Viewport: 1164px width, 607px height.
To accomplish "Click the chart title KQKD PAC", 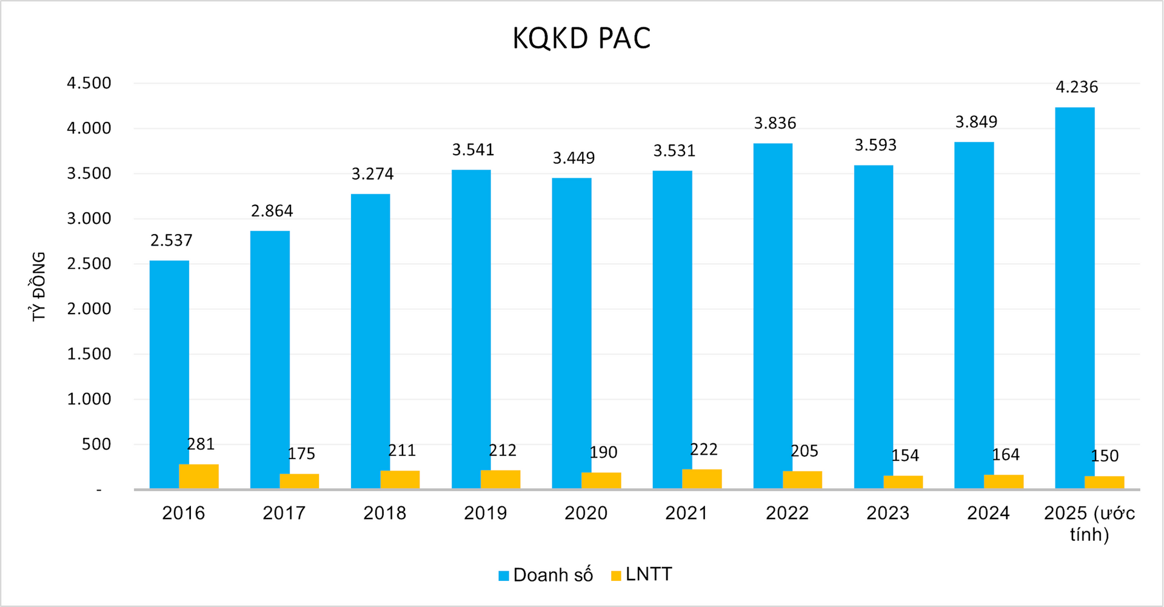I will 581,38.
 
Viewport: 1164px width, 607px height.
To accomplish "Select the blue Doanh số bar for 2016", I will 169,364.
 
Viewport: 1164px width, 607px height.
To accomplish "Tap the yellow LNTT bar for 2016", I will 199,477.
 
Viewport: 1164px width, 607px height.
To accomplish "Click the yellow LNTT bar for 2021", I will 702,479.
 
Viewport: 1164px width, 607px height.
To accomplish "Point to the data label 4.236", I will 1077,87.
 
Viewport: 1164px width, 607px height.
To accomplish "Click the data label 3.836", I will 775,124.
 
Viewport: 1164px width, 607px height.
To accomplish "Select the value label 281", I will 201,444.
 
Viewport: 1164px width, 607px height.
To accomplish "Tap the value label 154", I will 905,455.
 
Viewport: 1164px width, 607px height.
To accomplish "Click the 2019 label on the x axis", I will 485,514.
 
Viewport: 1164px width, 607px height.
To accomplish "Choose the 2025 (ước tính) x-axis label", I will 1089,524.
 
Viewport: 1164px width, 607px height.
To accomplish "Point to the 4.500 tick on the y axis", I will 89,83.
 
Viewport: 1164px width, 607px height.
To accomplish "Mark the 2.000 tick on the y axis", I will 89,309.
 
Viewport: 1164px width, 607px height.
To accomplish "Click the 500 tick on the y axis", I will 96,444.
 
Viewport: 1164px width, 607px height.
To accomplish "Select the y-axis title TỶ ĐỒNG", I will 39,286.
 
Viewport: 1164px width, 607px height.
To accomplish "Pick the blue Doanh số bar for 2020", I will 572,334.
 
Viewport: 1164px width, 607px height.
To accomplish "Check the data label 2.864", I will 272,211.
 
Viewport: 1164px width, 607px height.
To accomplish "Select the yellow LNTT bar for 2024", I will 1004,482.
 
